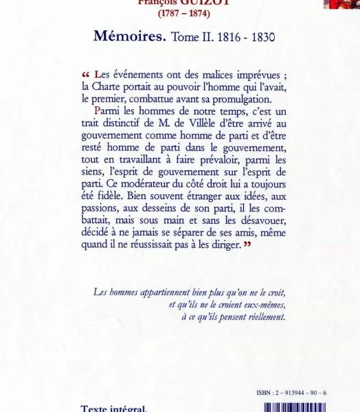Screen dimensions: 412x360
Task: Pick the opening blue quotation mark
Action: pyautogui.click(x=86, y=75)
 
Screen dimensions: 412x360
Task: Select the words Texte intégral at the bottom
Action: pyautogui.click(x=113, y=409)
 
